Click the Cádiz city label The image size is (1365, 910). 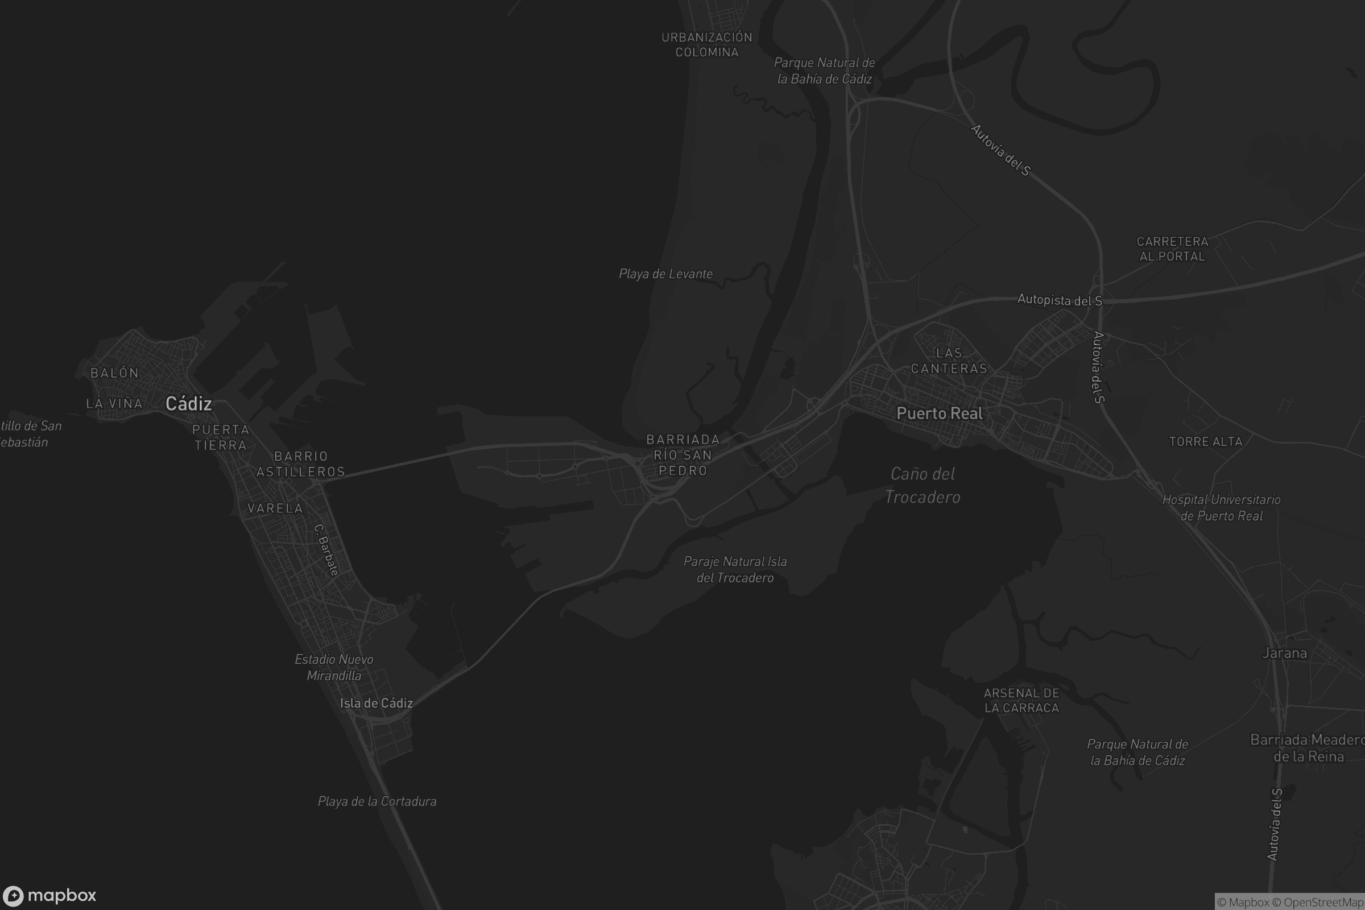pyautogui.click(x=189, y=403)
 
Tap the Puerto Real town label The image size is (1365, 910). pyautogui.click(x=939, y=413)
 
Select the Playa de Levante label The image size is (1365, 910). pyautogui.click(x=665, y=274)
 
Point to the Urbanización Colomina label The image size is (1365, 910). pyautogui.click(x=706, y=45)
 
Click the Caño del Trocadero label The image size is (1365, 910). pyautogui.click(x=922, y=485)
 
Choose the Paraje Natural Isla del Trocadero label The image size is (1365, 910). pyautogui.click(x=735, y=569)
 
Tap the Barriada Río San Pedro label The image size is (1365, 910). pyautogui.click(x=682, y=455)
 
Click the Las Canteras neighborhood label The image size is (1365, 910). pyautogui.click(x=949, y=361)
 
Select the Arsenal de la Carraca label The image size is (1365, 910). pyautogui.click(x=1021, y=700)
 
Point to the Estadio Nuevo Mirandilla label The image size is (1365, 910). pyautogui.click(x=334, y=667)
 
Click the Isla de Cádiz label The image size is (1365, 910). pyautogui.click(x=376, y=703)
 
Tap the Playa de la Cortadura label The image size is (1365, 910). pyautogui.click(x=377, y=801)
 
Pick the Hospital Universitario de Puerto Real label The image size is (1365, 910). pyautogui.click(x=1221, y=507)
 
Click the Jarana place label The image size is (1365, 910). pyautogui.click(x=1284, y=653)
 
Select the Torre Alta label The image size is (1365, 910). pyautogui.click(x=1205, y=442)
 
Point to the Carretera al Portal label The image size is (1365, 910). pyautogui.click(x=1172, y=249)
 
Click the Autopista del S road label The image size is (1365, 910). pyautogui.click(x=1059, y=300)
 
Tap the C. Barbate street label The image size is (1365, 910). pyautogui.click(x=325, y=549)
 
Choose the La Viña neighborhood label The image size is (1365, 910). pyautogui.click(x=114, y=403)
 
